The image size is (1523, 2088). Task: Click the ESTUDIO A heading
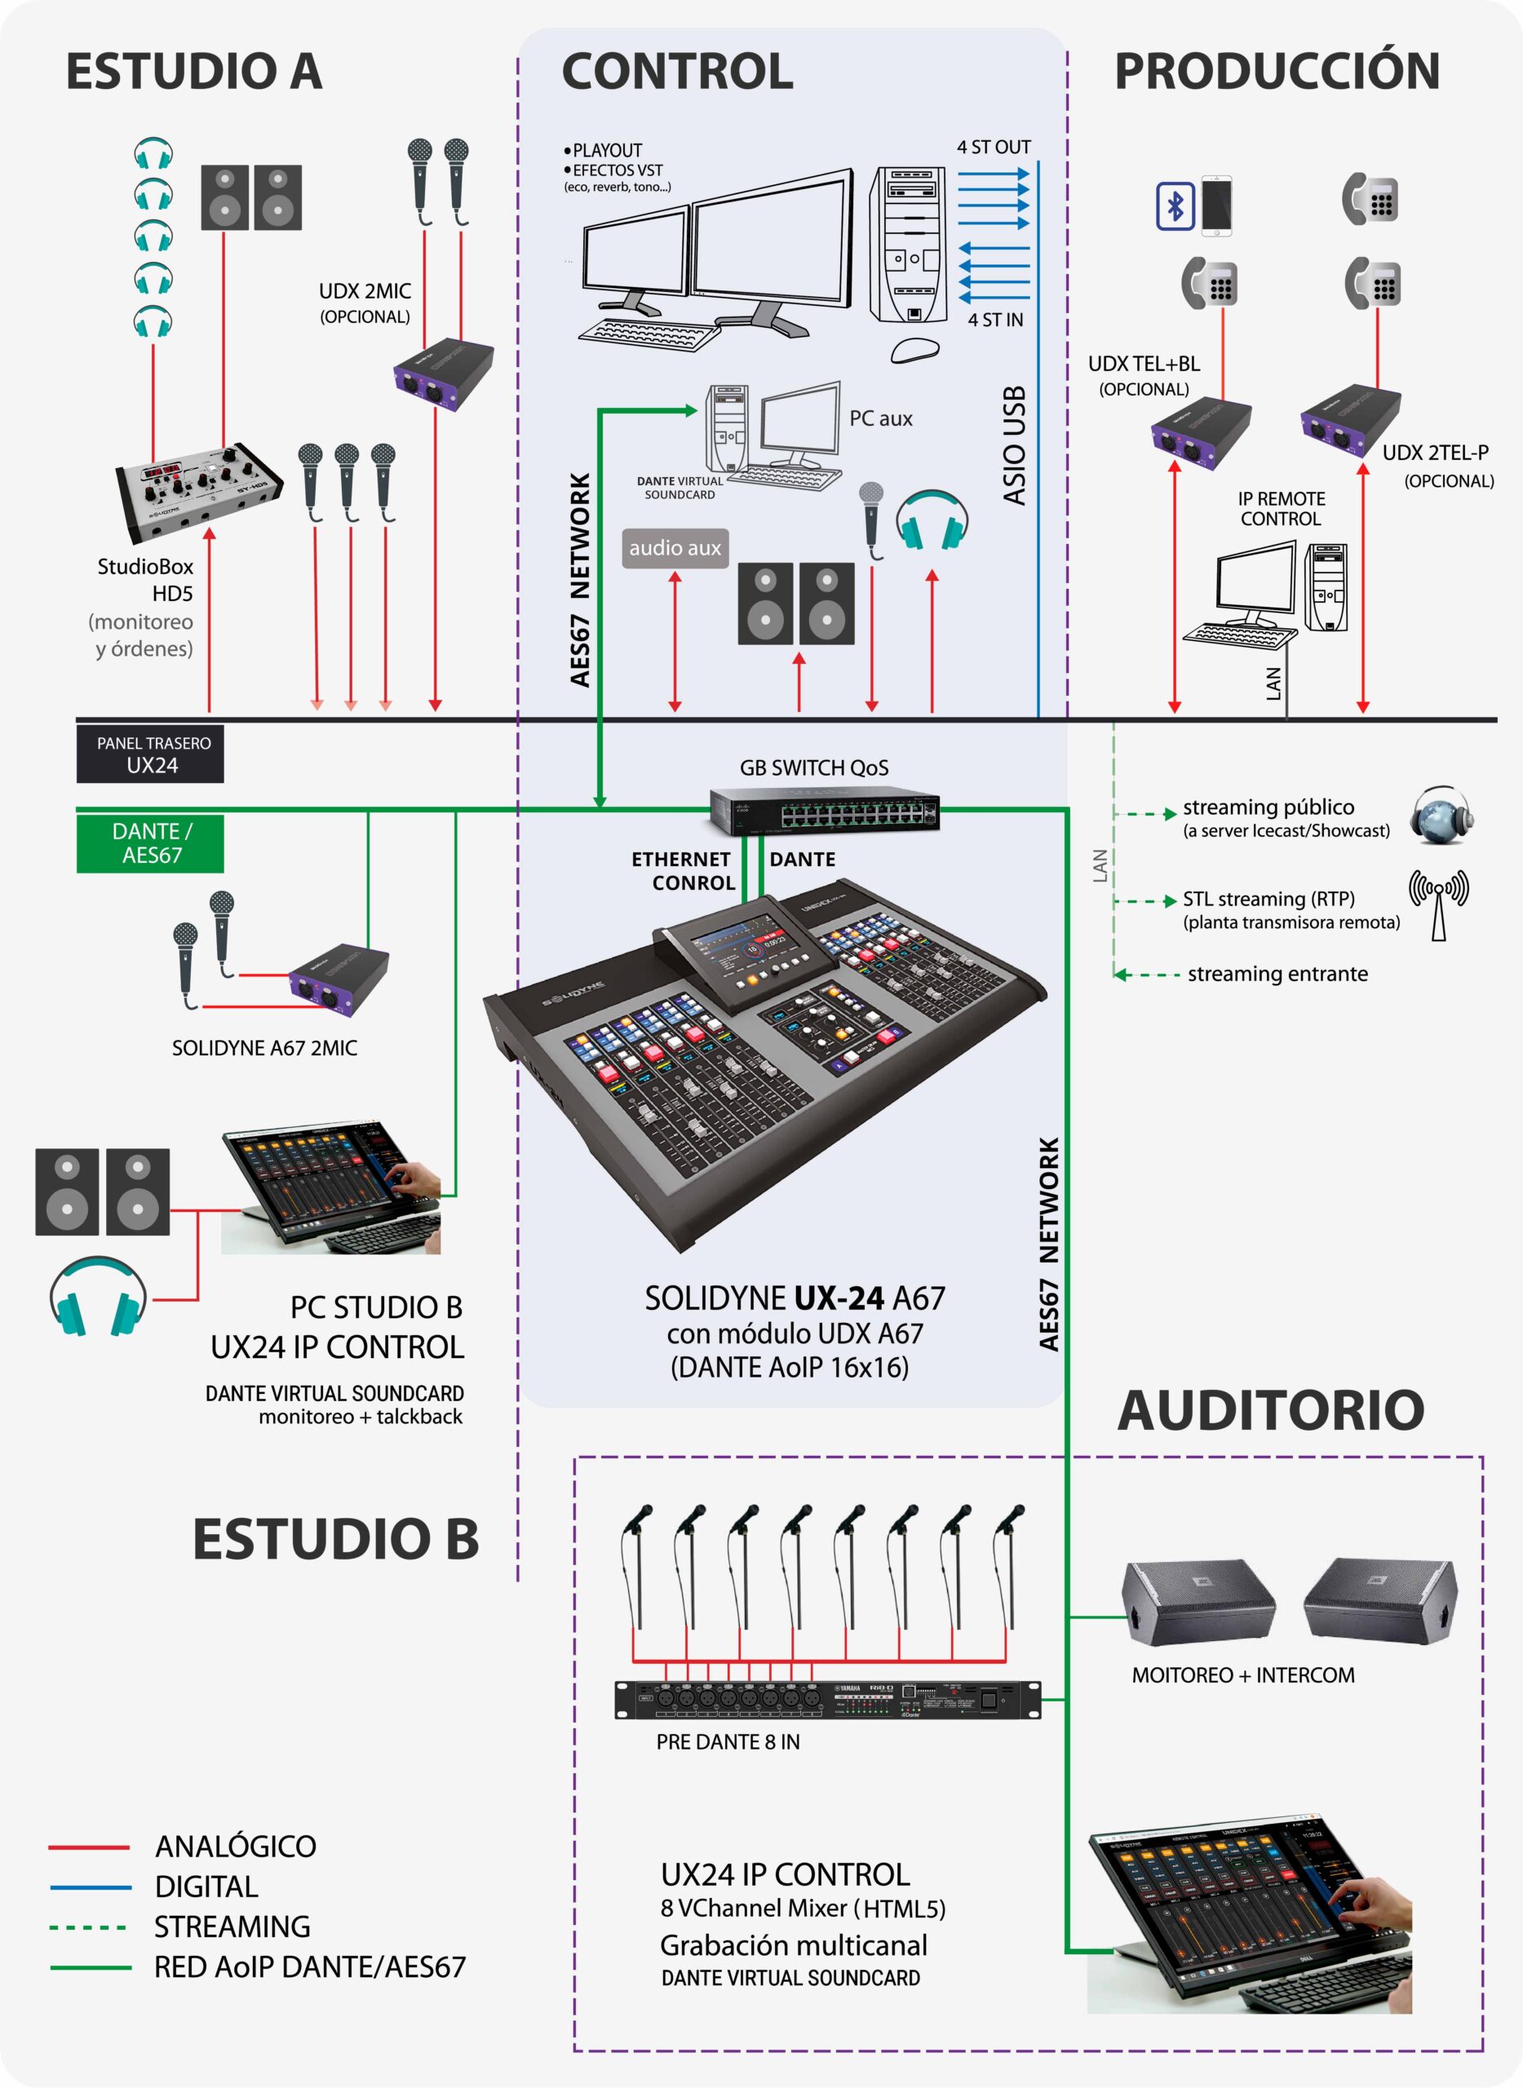193,72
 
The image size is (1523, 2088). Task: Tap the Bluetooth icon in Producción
1175,206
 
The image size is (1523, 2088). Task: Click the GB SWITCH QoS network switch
824,810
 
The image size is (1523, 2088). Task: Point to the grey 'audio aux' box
675,548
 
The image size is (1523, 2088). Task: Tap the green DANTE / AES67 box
150,843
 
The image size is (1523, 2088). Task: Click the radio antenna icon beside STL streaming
1438,905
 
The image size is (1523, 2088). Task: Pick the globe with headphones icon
1440,816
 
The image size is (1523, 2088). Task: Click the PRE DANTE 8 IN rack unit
827,1699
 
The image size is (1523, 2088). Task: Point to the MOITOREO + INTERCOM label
1242,1675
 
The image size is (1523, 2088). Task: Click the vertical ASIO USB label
1014,445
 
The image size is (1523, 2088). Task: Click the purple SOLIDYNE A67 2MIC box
339,980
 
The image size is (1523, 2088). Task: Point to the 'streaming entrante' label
1277,974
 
